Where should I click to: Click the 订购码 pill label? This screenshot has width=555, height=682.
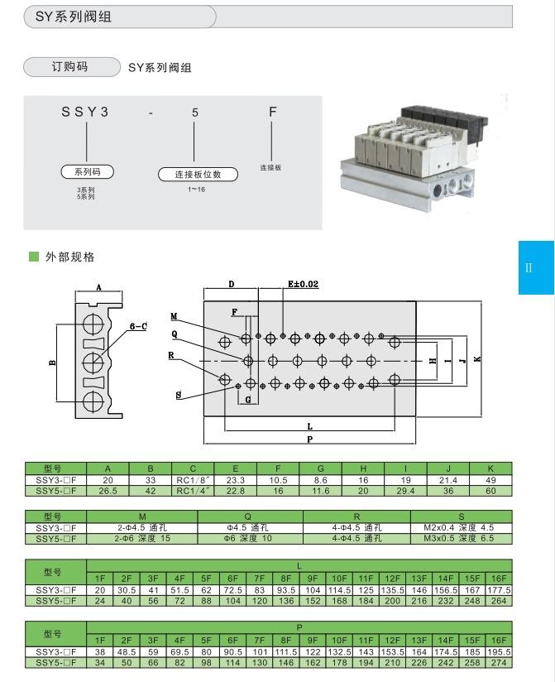coord(69,67)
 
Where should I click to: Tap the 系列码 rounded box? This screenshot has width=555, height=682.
coord(87,172)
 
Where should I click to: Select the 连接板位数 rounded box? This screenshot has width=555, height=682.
coord(198,175)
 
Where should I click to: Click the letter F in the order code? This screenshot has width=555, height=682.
coord(272,113)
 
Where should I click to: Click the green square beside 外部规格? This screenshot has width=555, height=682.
coord(34,257)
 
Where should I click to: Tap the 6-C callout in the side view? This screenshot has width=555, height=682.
coord(138,326)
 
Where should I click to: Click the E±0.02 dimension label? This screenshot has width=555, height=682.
coord(303,284)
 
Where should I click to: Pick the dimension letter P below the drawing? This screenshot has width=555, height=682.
coord(309,439)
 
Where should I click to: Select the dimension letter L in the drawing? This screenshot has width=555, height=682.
coord(309,427)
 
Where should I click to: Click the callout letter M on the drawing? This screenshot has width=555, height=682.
coord(175,316)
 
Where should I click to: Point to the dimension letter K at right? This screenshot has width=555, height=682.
coord(478,358)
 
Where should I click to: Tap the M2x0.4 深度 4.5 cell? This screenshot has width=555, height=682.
coord(461,527)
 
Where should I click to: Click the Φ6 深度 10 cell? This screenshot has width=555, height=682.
coord(250,538)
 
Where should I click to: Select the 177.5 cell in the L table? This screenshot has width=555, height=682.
coord(500,590)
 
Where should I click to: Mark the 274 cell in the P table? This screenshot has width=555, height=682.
coord(500,662)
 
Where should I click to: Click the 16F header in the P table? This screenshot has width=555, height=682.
coord(500,641)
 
